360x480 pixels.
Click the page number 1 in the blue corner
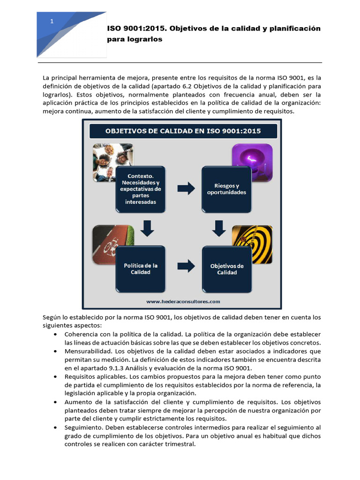(52, 22)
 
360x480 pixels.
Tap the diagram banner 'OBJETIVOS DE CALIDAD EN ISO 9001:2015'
(183, 131)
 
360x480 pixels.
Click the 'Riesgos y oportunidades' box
(226, 188)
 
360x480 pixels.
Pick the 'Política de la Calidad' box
(140, 269)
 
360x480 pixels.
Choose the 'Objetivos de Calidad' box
(226, 269)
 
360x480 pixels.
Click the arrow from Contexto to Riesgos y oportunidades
(186, 188)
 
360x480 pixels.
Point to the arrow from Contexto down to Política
(147, 228)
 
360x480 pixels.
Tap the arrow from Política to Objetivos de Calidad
(186, 266)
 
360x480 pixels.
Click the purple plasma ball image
(252, 162)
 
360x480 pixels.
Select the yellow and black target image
(252, 244)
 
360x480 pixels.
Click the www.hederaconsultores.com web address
(183, 301)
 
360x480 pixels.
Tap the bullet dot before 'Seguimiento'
(56, 428)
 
